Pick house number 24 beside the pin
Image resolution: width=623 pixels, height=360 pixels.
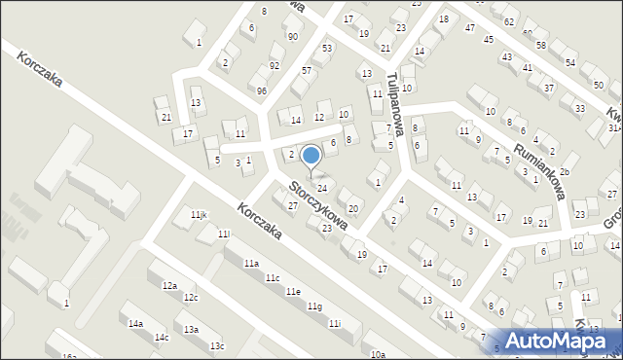[322, 187]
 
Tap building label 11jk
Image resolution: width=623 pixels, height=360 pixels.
[199, 214]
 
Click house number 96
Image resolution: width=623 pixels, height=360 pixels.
[261, 90]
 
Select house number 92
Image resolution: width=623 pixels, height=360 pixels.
[275, 66]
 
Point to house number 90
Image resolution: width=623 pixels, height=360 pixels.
[292, 36]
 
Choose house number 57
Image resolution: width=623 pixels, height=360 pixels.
[307, 71]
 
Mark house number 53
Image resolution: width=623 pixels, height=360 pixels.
[327, 48]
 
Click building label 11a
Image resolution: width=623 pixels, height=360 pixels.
[251, 264]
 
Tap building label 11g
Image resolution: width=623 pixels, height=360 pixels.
[314, 306]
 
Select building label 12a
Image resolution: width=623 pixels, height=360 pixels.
[169, 285]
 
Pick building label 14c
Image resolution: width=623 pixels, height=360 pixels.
[161, 338]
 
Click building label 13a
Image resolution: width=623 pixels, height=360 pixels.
[191, 330]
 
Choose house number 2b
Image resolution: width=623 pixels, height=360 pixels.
[564, 171]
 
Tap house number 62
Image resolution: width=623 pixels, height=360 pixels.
[509, 21]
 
